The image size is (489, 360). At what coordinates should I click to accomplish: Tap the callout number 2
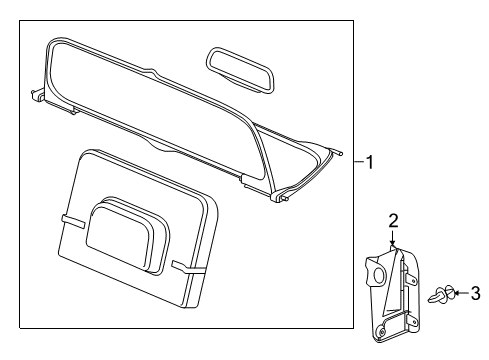point(393,220)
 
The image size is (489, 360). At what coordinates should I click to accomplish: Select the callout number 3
point(476,293)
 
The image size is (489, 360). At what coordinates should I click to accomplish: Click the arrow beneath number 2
point(393,237)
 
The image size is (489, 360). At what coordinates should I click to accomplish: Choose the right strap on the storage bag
point(187,267)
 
